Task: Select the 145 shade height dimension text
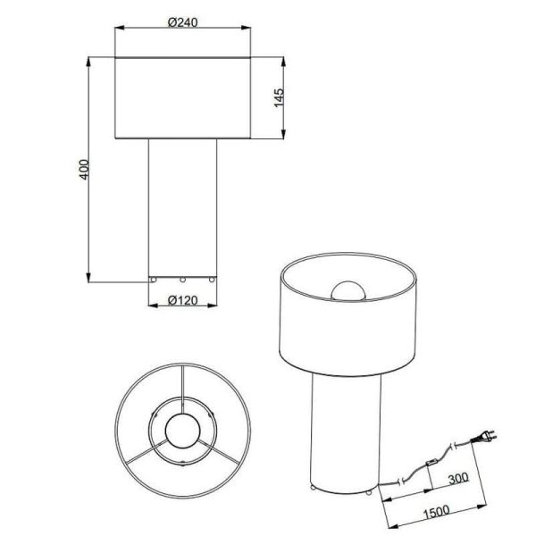[279, 98]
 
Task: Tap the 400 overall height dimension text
[82, 170]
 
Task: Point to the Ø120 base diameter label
[183, 300]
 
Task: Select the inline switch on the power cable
[430, 463]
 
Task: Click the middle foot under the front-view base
[182, 279]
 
